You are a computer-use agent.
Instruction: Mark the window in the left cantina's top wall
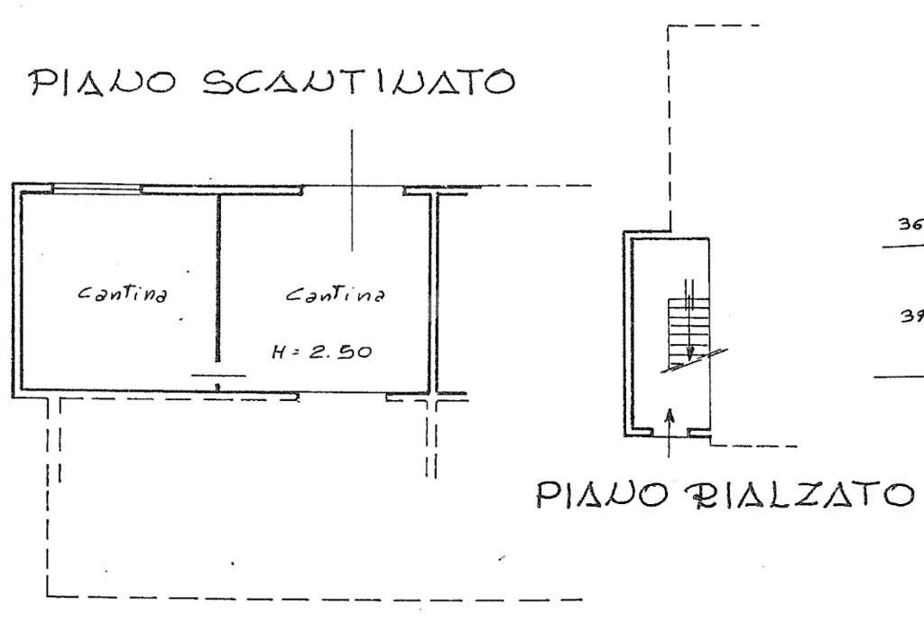[96, 189]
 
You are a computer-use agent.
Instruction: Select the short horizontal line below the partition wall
[217, 375]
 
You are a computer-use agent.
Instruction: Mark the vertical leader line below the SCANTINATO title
[352, 190]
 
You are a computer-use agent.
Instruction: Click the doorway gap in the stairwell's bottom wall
[669, 433]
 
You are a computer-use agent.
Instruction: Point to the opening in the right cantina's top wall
[352, 190]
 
